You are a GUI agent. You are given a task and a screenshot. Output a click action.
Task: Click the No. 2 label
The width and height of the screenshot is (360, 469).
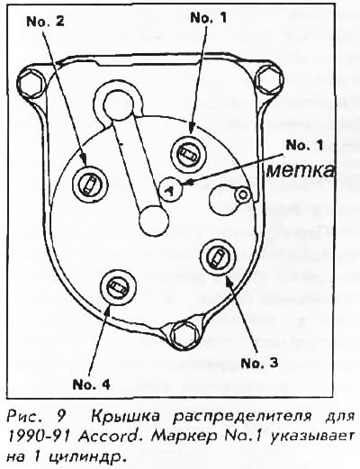tap(45, 22)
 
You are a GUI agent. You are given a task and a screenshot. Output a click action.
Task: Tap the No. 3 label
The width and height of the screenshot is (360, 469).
tap(259, 363)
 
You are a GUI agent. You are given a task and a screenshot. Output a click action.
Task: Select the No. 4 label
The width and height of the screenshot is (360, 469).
tap(92, 384)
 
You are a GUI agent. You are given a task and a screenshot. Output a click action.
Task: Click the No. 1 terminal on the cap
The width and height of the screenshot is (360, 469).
tap(189, 155)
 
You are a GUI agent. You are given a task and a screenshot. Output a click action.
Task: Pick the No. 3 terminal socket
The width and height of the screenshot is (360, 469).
tap(218, 257)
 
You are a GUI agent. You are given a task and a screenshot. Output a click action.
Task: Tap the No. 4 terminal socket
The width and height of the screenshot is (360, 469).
tap(118, 286)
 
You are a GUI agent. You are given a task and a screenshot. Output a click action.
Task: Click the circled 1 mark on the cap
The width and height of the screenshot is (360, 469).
tap(170, 190)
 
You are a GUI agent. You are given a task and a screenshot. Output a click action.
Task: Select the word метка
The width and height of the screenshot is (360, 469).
tap(301, 171)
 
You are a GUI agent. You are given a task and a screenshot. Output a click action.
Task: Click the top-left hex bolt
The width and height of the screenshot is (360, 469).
tap(31, 83)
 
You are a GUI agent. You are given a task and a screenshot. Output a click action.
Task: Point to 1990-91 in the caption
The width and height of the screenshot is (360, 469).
tap(41, 437)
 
